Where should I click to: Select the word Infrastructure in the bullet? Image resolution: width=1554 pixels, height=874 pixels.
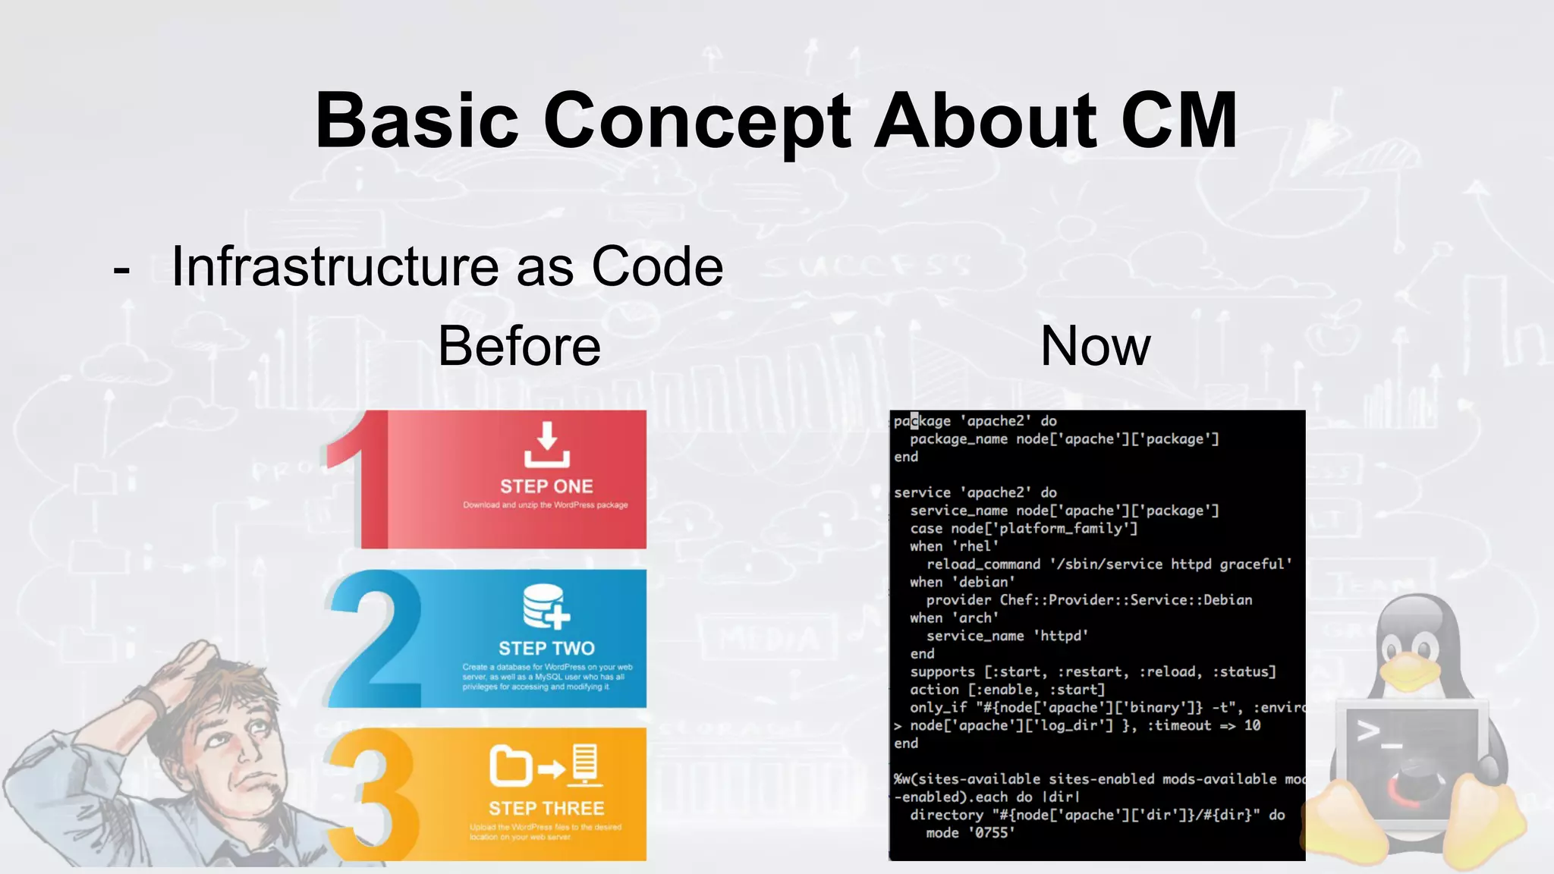click(335, 267)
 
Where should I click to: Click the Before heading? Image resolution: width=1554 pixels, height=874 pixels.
click(519, 346)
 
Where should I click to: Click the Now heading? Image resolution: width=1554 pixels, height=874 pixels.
click(1095, 346)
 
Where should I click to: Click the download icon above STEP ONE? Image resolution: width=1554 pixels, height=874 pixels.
click(546, 445)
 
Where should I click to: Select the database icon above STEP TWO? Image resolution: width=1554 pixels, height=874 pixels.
click(545, 606)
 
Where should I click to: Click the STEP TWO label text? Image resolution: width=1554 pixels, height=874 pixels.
click(546, 649)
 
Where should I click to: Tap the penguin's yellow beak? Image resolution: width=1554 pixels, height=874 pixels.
click(1410, 671)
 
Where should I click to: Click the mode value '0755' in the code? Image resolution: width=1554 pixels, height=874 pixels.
click(991, 833)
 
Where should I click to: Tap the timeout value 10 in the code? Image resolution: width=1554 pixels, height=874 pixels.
click(1252, 725)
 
